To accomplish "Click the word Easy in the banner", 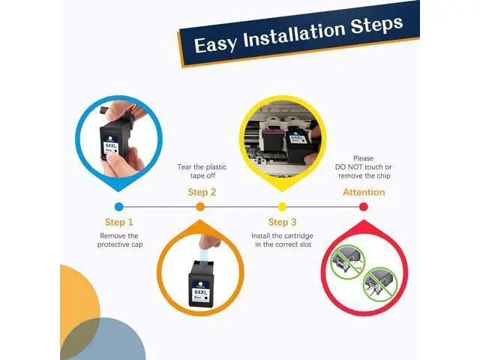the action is pyautogui.click(x=216, y=44).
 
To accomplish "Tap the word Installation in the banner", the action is pyautogui.click(x=294, y=34).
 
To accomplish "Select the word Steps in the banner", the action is pyautogui.click(x=376, y=25).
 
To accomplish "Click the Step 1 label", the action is pyautogui.click(x=119, y=222).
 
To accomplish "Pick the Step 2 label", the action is pyautogui.click(x=202, y=192).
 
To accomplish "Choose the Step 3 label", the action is pyautogui.click(x=282, y=222).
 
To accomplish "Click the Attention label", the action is pyautogui.click(x=364, y=192).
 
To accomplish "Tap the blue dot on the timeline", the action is pyautogui.click(x=119, y=207).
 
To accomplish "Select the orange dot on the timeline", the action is pyautogui.click(x=200, y=207).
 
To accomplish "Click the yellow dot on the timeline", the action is pyautogui.click(x=282, y=207).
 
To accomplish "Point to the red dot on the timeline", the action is pyautogui.click(x=363, y=207).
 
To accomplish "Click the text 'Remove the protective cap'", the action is pyautogui.click(x=120, y=240).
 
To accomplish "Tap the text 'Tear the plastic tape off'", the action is pyautogui.click(x=202, y=172).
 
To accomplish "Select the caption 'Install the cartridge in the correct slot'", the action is pyautogui.click(x=282, y=240).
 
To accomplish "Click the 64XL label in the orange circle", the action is pyautogui.click(x=201, y=292).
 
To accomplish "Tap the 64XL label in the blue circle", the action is pyautogui.click(x=111, y=145).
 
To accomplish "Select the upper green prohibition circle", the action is pyautogui.click(x=348, y=262).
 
